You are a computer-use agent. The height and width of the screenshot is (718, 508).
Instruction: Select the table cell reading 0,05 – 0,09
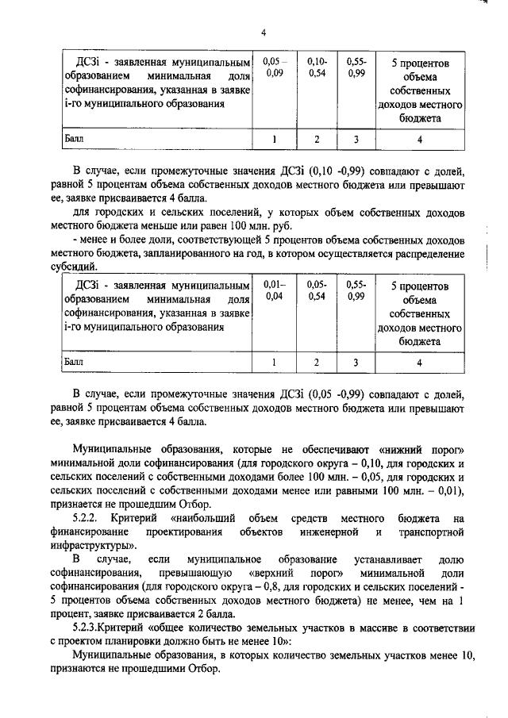[274, 67]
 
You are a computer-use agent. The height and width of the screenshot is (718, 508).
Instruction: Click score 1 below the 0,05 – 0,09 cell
[274, 140]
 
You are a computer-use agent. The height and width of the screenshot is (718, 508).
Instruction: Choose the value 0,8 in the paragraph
[266, 587]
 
